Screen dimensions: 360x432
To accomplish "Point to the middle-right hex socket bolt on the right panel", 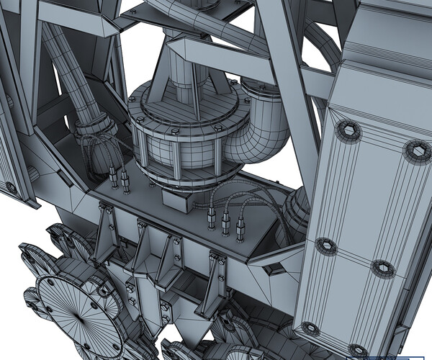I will coord(382,269).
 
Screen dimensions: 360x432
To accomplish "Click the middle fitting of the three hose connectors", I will coord(226,224).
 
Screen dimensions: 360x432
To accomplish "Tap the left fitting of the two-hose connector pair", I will coord(113,177).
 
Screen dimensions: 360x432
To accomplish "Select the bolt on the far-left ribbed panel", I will coord(11,187).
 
